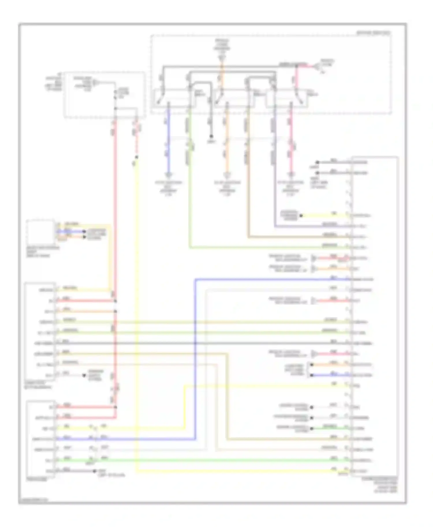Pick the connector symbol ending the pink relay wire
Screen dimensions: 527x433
pyautogui.click(x=291, y=175)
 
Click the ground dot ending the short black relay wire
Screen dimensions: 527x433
pyautogui.click(x=211, y=136)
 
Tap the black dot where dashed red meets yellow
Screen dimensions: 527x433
pyautogui.click(x=137, y=157)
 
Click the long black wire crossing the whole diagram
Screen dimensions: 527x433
pyautogui.click(x=202, y=343)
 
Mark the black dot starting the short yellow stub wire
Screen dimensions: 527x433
pyautogui.click(x=301, y=216)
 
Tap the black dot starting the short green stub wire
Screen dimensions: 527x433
pyautogui.click(x=312, y=428)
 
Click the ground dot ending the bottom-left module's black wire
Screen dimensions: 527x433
pyautogui.click(x=94, y=471)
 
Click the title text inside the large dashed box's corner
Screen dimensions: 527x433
pyautogui.click(x=373, y=33)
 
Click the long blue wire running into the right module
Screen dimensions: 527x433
pyautogui.click(x=195, y=360)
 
